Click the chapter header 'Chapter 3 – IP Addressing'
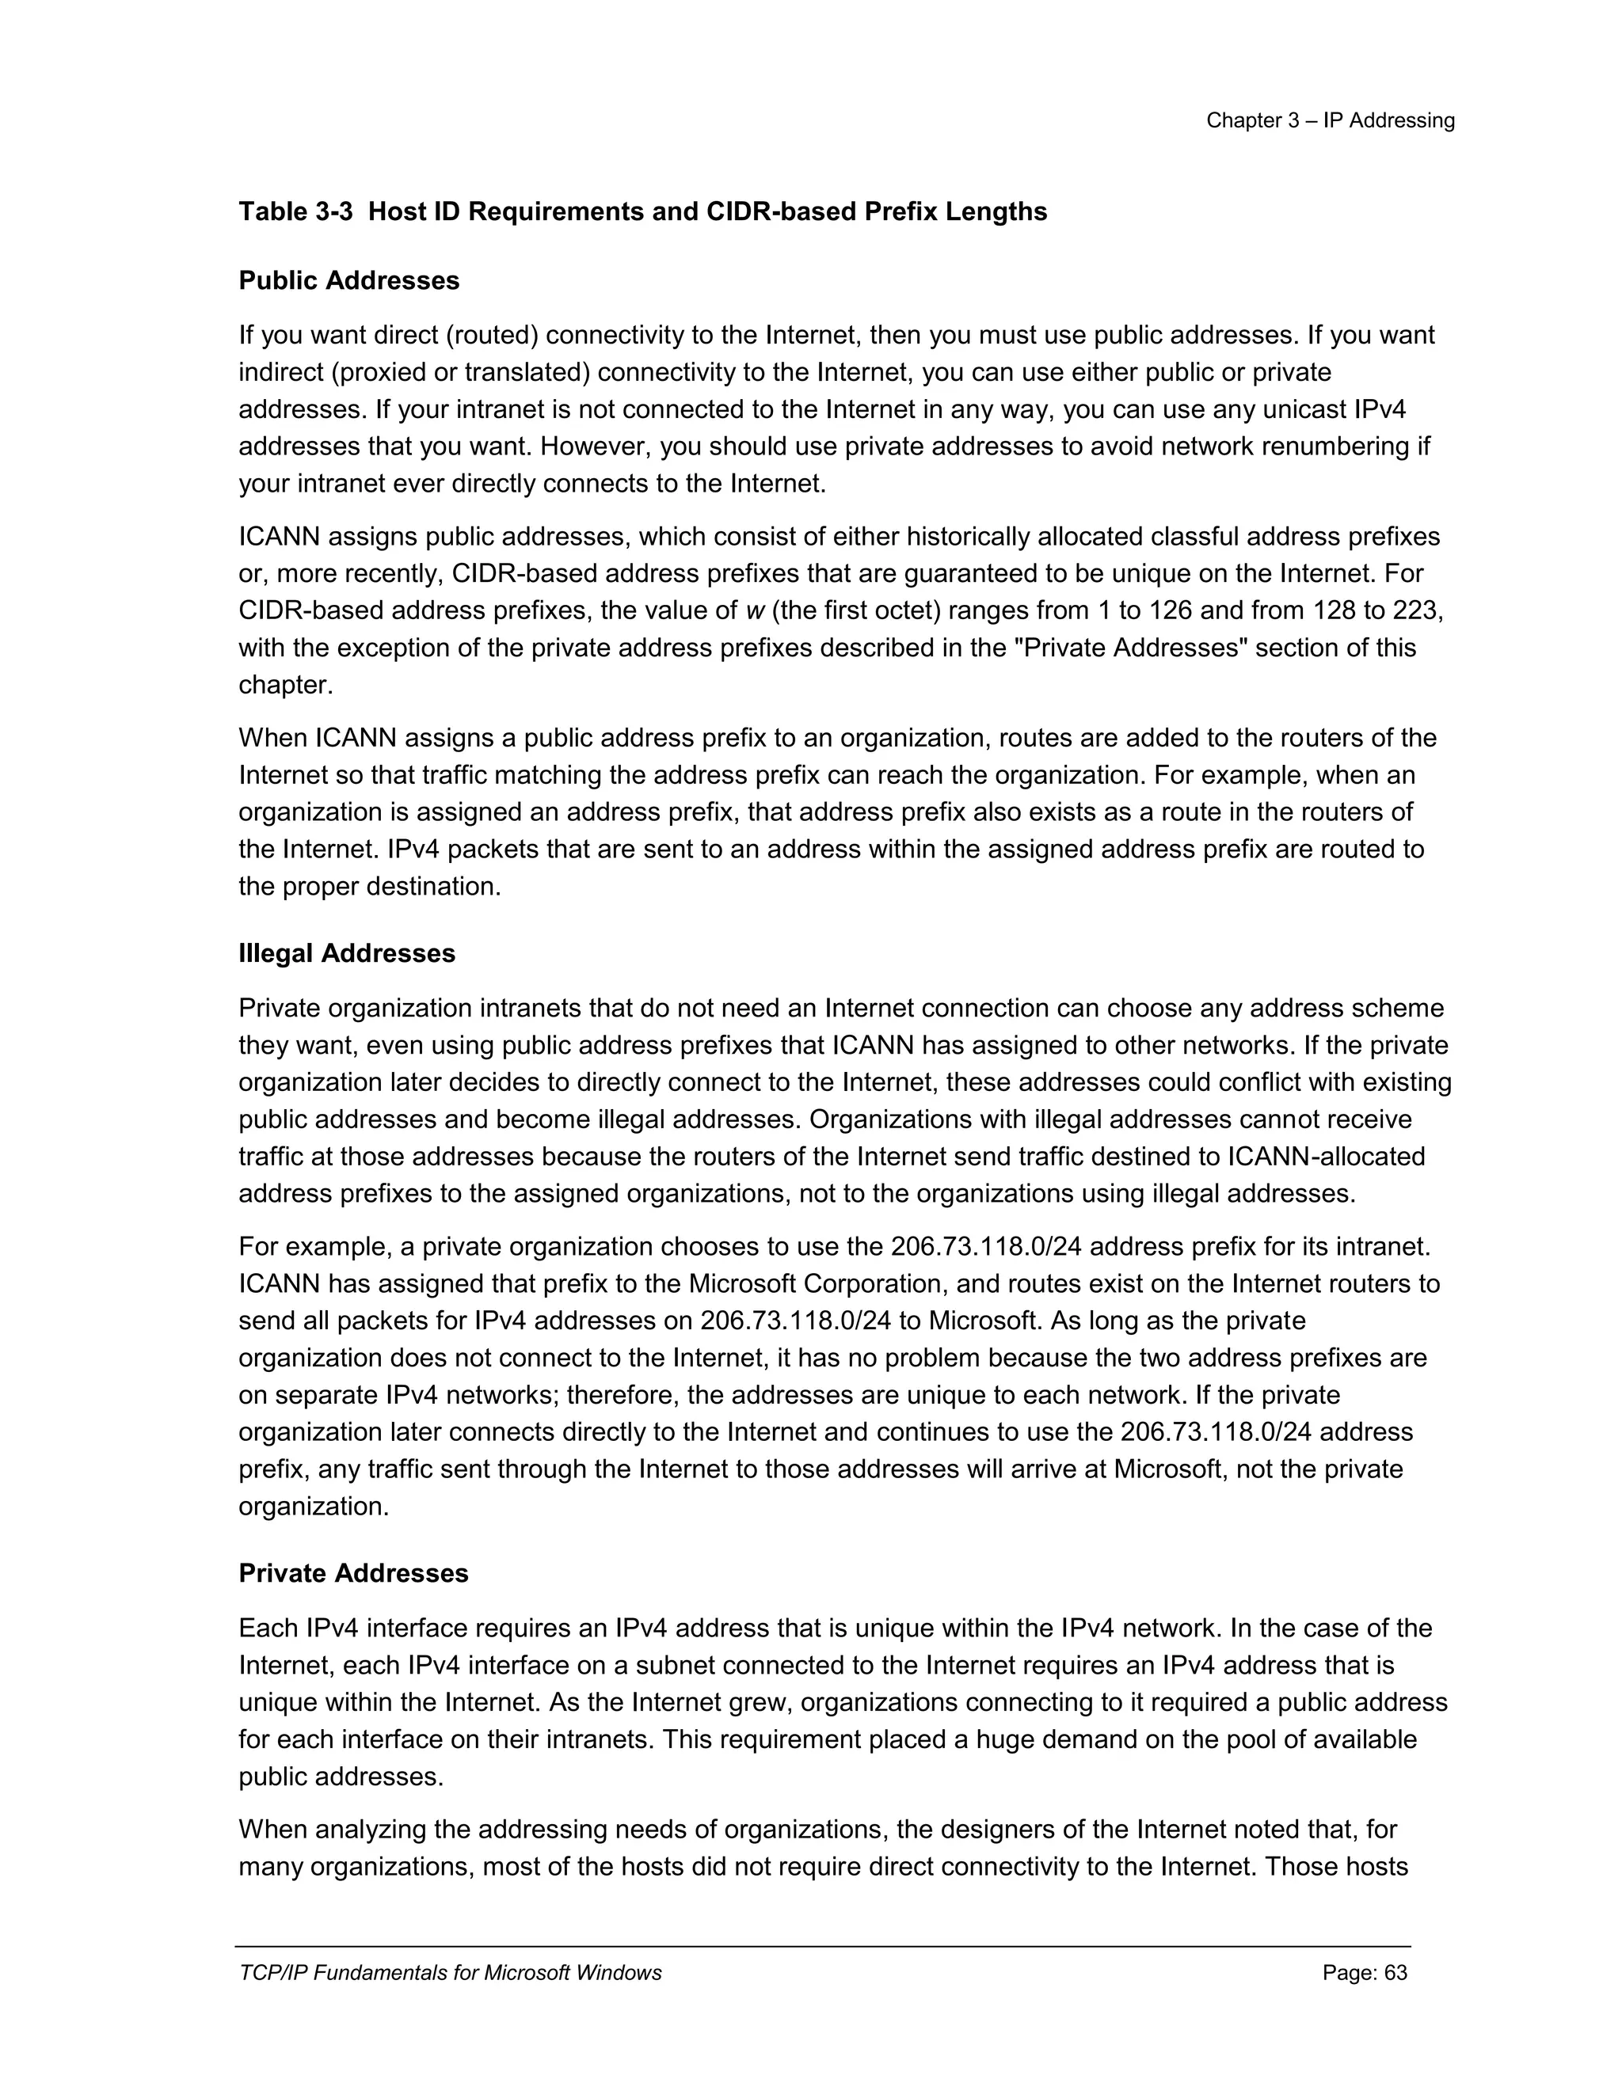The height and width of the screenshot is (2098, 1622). coord(1330,121)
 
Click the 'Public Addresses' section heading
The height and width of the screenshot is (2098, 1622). coord(348,280)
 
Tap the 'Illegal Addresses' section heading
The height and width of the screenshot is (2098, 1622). coord(347,953)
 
